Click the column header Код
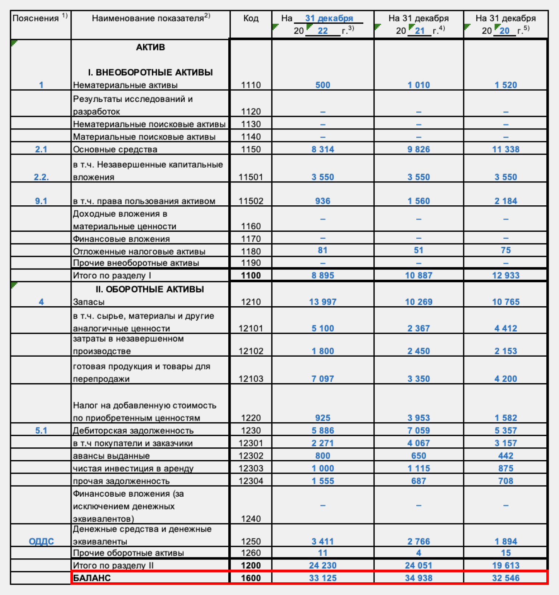click(251, 18)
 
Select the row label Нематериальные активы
click(125, 85)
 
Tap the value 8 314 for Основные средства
click(323, 149)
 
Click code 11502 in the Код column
click(251, 201)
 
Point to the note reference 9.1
click(41, 201)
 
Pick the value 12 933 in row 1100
click(506, 275)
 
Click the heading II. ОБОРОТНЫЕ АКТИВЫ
click(150, 289)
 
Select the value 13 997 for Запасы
click(323, 302)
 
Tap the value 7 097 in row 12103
click(323, 379)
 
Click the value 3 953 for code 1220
click(419, 418)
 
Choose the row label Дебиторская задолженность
click(133, 431)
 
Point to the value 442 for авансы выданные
click(506, 456)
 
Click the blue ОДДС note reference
click(41, 541)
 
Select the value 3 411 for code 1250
click(323, 541)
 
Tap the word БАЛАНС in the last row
click(92, 578)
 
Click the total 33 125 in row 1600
click(323, 578)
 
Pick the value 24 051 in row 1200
click(419, 565)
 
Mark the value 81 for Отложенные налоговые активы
click(323, 250)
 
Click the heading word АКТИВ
click(150, 47)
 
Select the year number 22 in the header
click(323, 31)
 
